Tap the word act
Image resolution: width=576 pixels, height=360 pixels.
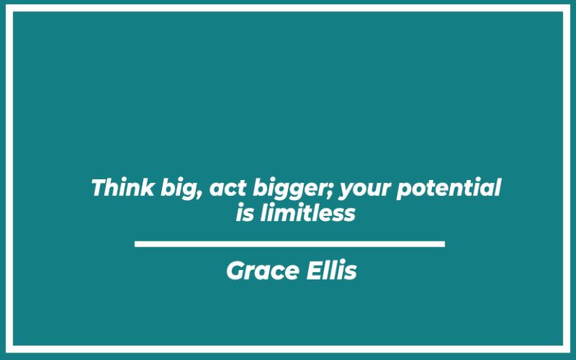click(223, 188)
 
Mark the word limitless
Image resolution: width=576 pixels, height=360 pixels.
click(307, 214)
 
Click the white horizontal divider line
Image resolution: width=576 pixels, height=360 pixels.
click(289, 244)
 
